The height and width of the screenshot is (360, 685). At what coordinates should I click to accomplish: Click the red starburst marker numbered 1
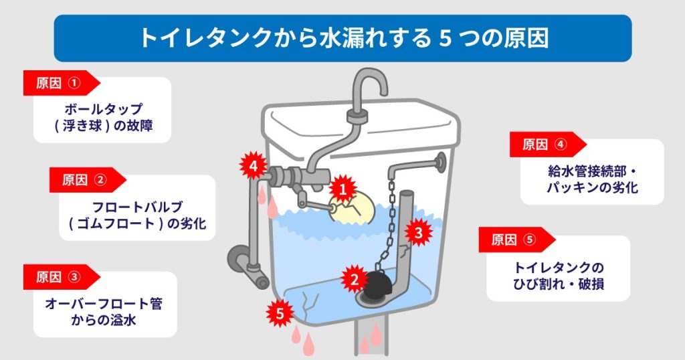(342, 189)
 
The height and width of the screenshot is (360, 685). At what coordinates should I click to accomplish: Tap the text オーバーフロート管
(104, 303)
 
